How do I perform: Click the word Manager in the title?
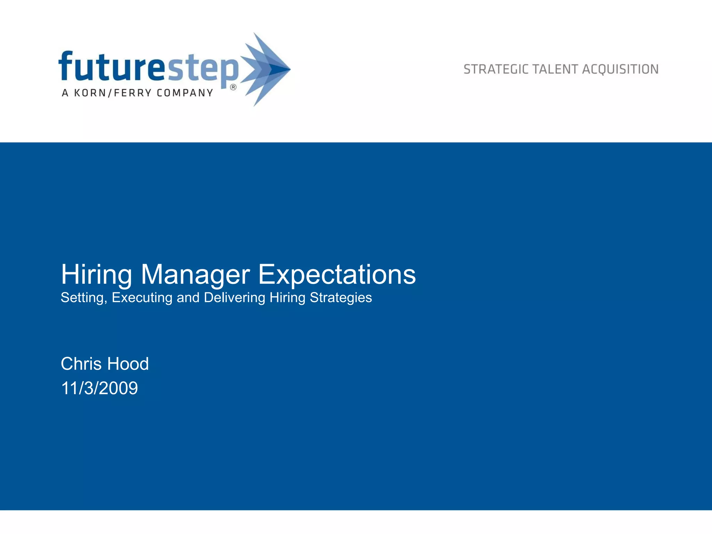click(x=195, y=275)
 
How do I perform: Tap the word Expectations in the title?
click(x=337, y=275)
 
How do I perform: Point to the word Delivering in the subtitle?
click(x=234, y=298)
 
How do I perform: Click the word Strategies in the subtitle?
click(x=341, y=298)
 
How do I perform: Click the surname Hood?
click(x=128, y=364)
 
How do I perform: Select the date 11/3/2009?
click(x=99, y=388)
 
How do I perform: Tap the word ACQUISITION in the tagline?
click(x=620, y=70)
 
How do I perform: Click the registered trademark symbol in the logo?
click(x=233, y=87)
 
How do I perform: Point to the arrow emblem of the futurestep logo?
click(x=266, y=69)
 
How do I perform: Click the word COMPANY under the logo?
click(x=185, y=93)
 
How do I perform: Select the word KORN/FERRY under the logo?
click(x=113, y=93)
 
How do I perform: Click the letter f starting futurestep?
click(x=66, y=66)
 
